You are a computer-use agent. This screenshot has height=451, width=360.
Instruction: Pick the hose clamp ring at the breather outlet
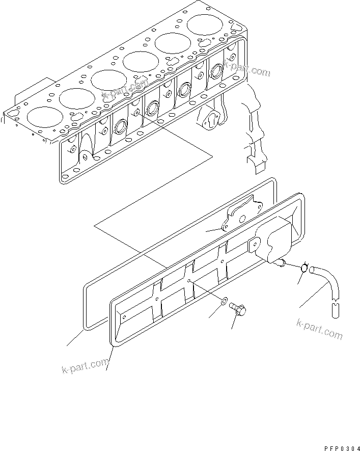click(304, 269)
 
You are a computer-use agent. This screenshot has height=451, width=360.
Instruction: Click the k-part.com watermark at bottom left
click(86, 365)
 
